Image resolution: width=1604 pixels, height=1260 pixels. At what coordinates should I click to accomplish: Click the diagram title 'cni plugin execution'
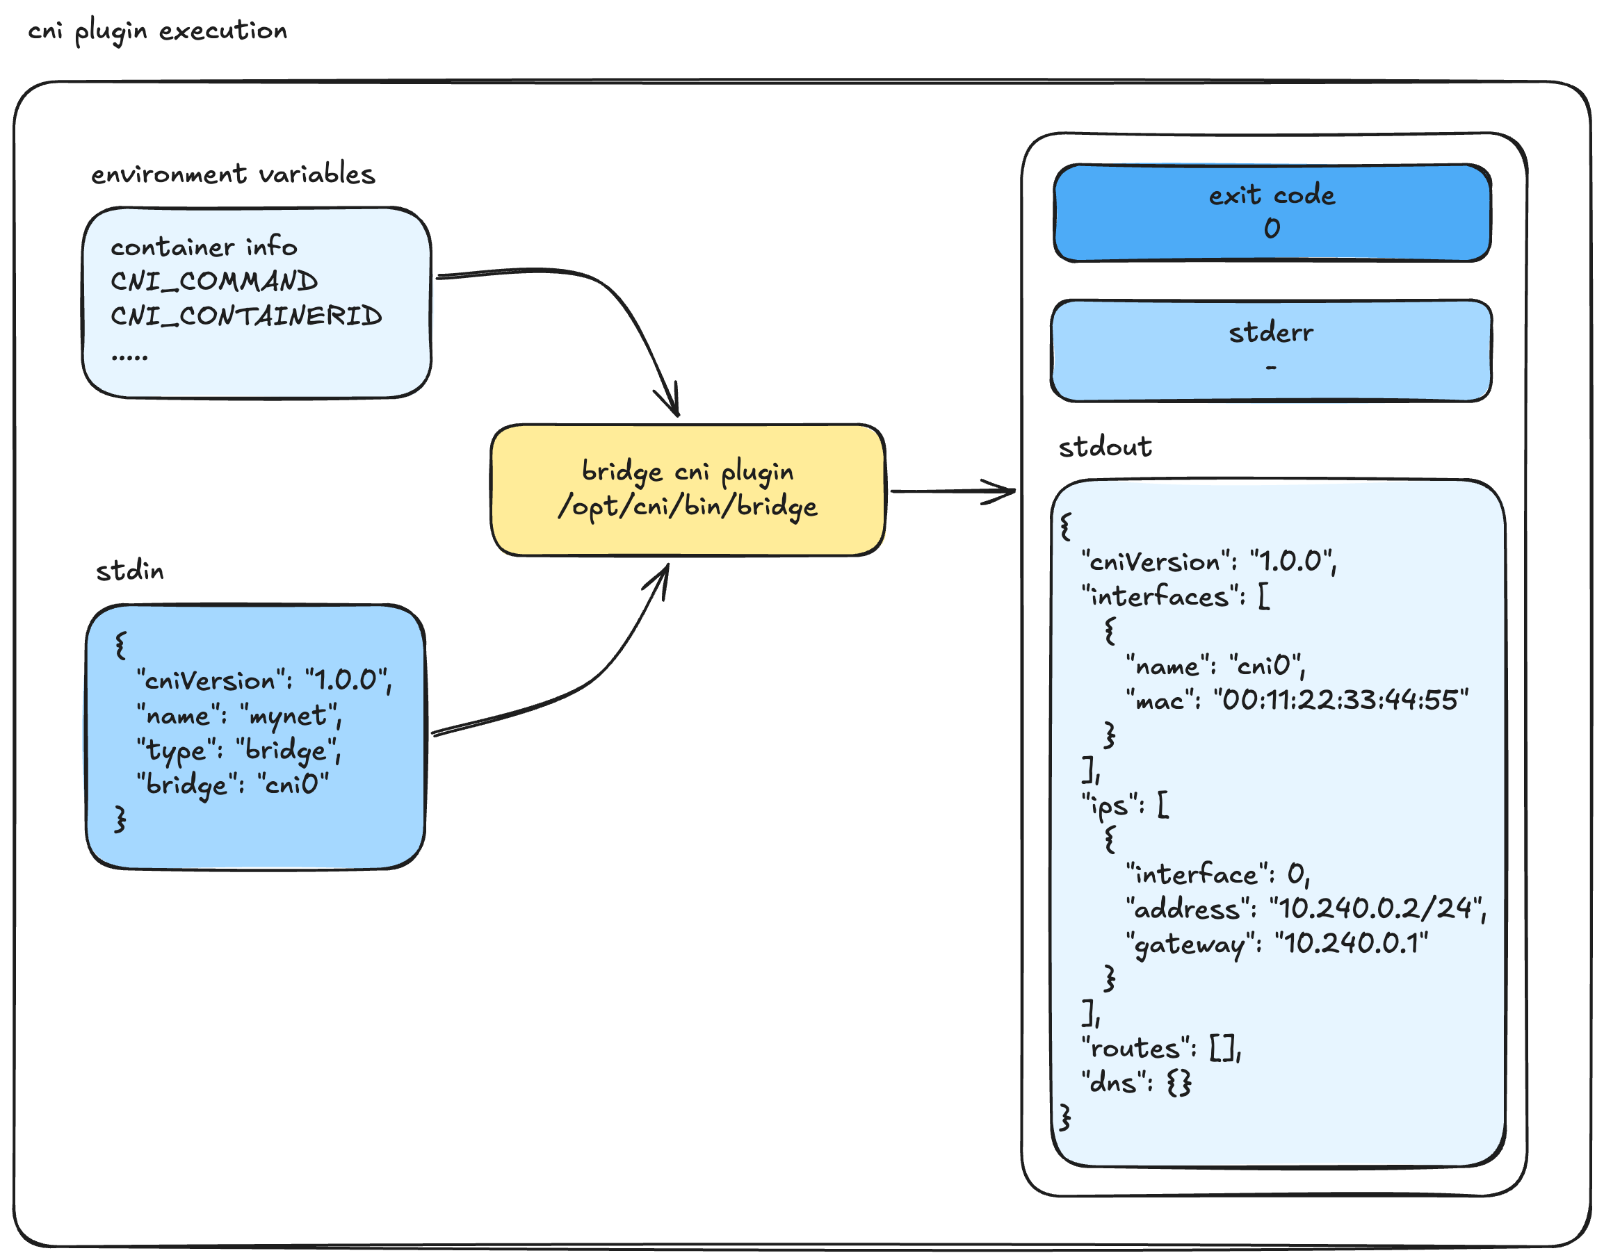click(157, 31)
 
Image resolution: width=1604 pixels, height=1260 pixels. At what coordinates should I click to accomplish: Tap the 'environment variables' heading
click(233, 174)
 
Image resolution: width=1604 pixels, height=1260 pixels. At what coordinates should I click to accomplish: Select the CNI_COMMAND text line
click(214, 281)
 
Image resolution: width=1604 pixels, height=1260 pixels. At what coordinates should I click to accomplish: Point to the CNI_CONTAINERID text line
click(245, 316)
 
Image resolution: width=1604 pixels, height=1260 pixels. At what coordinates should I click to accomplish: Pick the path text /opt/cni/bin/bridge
click(687, 506)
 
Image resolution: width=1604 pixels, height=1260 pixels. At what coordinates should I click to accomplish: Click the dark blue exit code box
click(1271, 213)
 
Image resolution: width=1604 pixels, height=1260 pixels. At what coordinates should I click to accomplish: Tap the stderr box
click(1271, 351)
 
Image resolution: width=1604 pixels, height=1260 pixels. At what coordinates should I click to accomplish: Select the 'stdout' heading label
click(1105, 447)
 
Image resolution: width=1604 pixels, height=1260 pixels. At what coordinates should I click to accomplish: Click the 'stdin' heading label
click(130, 571)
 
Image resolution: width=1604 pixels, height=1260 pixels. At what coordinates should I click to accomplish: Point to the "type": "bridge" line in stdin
click(238, 751)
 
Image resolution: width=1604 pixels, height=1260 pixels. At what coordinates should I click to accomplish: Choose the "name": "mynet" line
click(238, 716)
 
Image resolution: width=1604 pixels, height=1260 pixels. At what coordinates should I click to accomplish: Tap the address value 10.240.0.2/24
click(1376, 909)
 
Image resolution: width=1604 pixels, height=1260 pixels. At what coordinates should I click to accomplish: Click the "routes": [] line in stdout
click(1160, 1048)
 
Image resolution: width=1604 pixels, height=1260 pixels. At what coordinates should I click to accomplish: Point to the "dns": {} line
click(1136, 1083)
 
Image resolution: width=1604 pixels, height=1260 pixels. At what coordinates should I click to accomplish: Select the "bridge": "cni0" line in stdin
click(232, 784)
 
